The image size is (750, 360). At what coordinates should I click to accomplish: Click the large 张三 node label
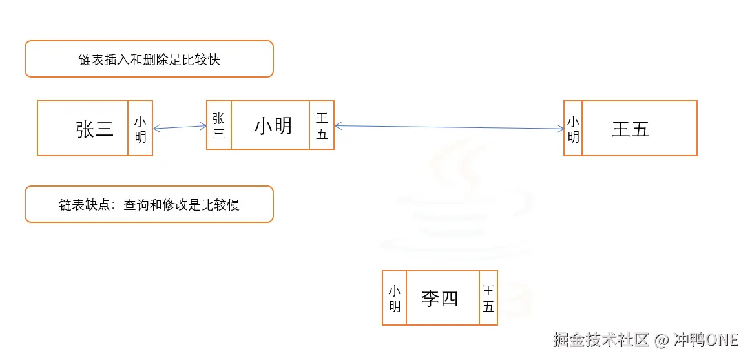[94, 129]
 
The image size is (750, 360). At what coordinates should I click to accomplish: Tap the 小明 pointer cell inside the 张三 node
[140, 129]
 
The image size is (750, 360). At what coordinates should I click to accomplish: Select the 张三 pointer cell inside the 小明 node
[218, 125]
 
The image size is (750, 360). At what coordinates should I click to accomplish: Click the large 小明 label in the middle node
[273, 125]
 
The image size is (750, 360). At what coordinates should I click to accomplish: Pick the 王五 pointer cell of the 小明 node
[322, 125]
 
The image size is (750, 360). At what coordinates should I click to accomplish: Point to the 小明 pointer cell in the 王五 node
[573, 129]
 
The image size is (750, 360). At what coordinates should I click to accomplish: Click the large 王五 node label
[630, 129]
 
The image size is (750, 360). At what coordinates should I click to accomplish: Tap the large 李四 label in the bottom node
[439, 298]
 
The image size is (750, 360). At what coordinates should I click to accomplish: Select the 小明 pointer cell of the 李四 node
[394, 298]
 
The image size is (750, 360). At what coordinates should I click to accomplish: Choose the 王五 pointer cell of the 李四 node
[488, 298]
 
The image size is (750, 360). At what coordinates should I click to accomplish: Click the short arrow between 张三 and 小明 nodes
[179, 127]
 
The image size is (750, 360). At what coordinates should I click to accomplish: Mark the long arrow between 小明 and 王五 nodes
[449, 127]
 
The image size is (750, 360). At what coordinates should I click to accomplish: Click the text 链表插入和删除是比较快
[149, 59]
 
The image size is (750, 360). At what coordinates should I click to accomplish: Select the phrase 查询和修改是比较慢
[182, 206]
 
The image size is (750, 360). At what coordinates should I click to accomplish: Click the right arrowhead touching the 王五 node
[561, 129]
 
